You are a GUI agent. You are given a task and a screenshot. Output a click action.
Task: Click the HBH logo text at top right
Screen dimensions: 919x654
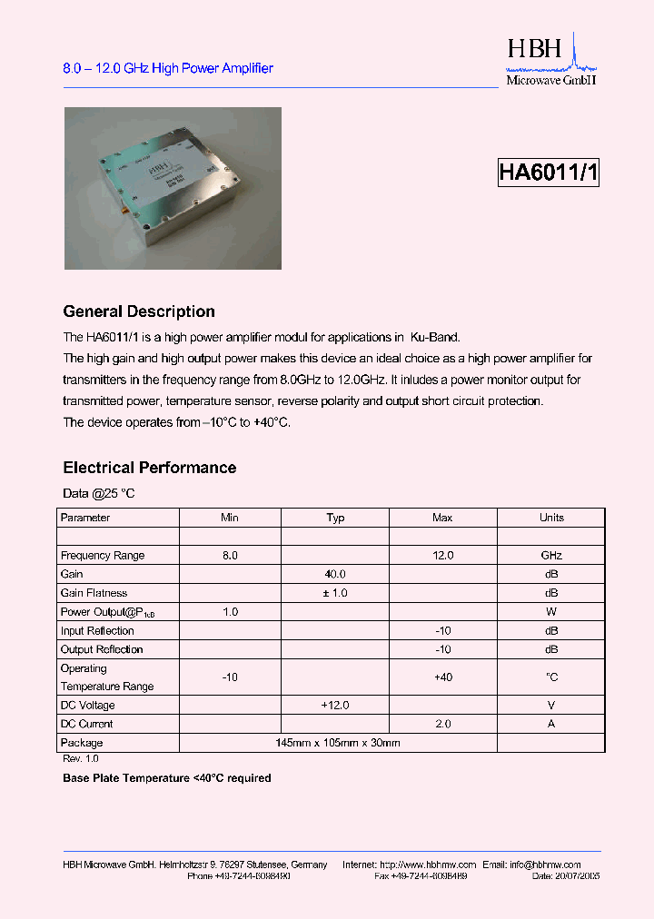tap(535, 50)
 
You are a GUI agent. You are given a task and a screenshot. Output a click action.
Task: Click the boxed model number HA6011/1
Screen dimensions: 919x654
tap(548, 173)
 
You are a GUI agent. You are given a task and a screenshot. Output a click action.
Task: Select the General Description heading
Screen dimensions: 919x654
tap(138, 311)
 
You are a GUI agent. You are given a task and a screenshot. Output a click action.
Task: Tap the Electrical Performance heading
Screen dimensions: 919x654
tap(149, 468)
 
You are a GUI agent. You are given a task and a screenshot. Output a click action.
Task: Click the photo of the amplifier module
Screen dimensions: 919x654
tap(173, 188)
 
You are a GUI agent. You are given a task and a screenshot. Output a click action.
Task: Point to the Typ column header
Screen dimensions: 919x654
tap(335, 518)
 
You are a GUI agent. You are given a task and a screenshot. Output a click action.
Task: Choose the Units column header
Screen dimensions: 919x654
tap(551, 518)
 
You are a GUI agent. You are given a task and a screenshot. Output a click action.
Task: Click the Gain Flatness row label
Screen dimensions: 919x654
tap(94, 593)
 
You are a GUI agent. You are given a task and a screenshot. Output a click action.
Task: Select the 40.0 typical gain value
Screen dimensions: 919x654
tap(335, 574)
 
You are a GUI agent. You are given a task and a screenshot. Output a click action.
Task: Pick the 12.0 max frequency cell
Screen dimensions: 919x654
tap(442, 555)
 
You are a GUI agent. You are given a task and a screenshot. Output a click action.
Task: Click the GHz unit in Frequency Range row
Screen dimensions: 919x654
tap(551, 555)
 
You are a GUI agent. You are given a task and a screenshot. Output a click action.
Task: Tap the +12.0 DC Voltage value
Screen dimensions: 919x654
tap(335, 705)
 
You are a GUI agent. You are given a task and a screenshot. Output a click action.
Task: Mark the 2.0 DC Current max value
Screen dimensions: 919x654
tap(442, 724)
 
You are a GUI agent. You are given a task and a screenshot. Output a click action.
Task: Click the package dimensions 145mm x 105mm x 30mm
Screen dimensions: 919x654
tap(338, 743)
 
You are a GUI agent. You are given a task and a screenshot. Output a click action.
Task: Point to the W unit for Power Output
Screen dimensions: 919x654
tap(551, 612)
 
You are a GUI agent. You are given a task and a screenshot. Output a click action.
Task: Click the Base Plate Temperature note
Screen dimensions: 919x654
tap(166, 778)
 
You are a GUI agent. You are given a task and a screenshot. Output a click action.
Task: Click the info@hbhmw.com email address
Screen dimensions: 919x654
tap(543, 865)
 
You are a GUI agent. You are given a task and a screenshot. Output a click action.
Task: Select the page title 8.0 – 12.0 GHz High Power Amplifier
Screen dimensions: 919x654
tap(167, 68)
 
